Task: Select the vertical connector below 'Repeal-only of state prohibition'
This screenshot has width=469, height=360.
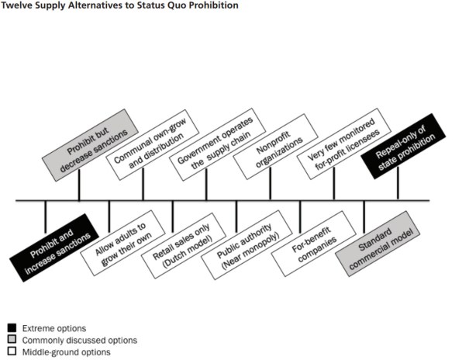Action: coord(398,185)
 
